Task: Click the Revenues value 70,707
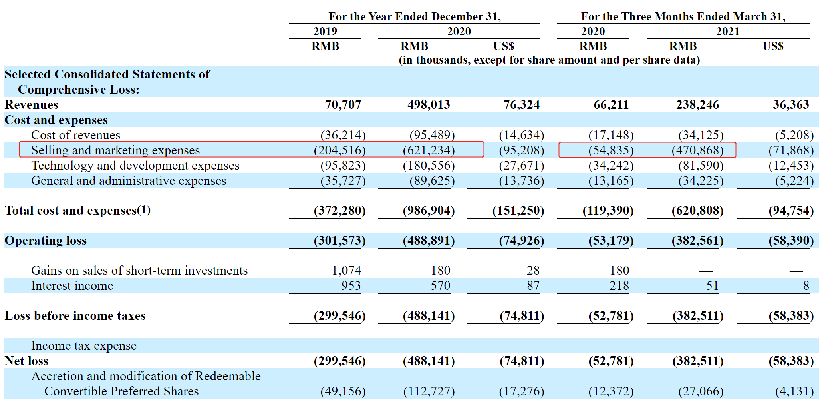(343, 105)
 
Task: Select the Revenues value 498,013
(429, 105)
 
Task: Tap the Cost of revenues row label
(75, 135)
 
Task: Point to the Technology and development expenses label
(135, 166)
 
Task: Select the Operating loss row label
(46, 241)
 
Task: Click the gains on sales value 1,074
(346, 271)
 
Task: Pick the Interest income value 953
(351, 286)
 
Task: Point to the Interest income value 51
(712, 286)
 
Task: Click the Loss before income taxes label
(75, 316)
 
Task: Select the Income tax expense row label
(84, 346)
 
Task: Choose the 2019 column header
(325, 31)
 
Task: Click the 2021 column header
(728, 31)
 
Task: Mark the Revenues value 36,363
(791, 105)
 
